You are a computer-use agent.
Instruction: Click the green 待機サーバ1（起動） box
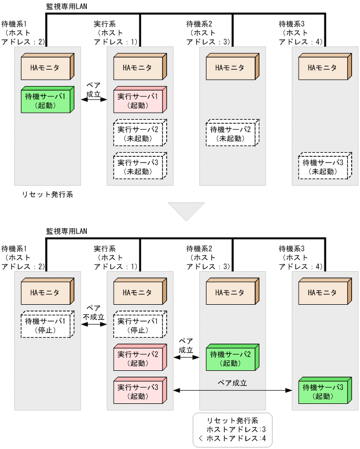(46, 101)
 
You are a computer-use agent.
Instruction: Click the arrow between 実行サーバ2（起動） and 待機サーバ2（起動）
(186, 357)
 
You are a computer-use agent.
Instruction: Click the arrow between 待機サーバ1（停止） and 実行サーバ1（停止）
(94, 325)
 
